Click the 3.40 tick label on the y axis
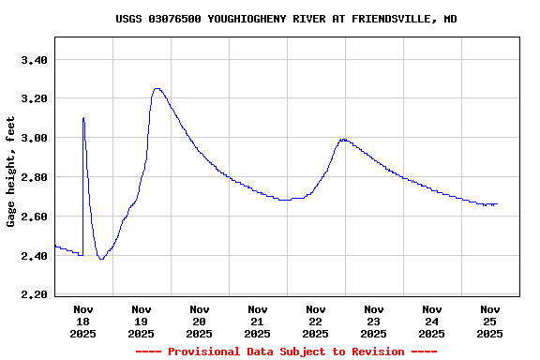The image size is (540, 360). tap(34, 60)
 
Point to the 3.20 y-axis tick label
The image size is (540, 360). tap(34, 98)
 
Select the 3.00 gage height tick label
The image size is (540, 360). tap(34, 138)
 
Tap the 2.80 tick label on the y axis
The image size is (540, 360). tap(34, 177)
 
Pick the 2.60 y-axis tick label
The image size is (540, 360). tap(34, 217)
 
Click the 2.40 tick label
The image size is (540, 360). tap(34, 256)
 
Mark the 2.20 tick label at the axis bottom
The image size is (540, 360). tap(34, 294)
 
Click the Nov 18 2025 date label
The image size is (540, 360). tap(83, 321)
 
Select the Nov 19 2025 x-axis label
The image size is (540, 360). tap(142, 321)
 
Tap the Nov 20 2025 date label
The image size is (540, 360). tap(200, 321)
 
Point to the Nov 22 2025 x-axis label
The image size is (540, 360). tap(316, 321)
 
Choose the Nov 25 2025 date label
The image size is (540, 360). tap(490, 321)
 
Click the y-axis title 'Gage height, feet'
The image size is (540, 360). tap(11, 172)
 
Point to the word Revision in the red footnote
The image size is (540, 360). tap(375, 352)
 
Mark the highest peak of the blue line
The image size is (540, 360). tap(157, 89)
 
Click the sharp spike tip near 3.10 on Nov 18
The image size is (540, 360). tap(83, 118)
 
